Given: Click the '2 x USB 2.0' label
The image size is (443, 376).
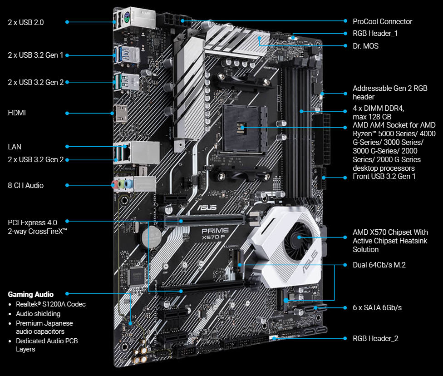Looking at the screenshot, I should pos(26,22).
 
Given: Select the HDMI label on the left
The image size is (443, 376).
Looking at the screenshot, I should pos(17,113).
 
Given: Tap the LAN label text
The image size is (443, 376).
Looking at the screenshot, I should pos(15,147).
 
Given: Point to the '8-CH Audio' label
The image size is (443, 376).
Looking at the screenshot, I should pos(26,185).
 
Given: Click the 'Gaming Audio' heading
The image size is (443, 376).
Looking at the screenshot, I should pos(30,294).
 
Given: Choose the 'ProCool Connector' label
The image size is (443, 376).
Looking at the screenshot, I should pos(382,21).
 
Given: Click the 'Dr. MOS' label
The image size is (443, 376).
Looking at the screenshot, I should pos(365,46).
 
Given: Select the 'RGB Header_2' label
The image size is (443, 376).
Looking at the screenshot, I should pos(375,338).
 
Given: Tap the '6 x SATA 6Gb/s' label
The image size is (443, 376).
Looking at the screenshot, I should pos(377,308).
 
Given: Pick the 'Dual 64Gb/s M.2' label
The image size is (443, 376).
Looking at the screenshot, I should pos(379,265).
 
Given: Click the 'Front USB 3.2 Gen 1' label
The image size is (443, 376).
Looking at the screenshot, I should pos(384,176).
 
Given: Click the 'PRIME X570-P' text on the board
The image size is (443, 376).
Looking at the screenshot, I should pos(215,233).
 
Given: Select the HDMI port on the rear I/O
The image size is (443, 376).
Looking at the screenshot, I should pos(120,114).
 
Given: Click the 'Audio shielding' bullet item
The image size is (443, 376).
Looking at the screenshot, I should pos(38,314).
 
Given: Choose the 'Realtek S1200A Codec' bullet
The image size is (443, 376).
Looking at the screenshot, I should pos(50,304).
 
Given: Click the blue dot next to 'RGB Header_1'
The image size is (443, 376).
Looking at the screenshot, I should pos(345,33).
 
